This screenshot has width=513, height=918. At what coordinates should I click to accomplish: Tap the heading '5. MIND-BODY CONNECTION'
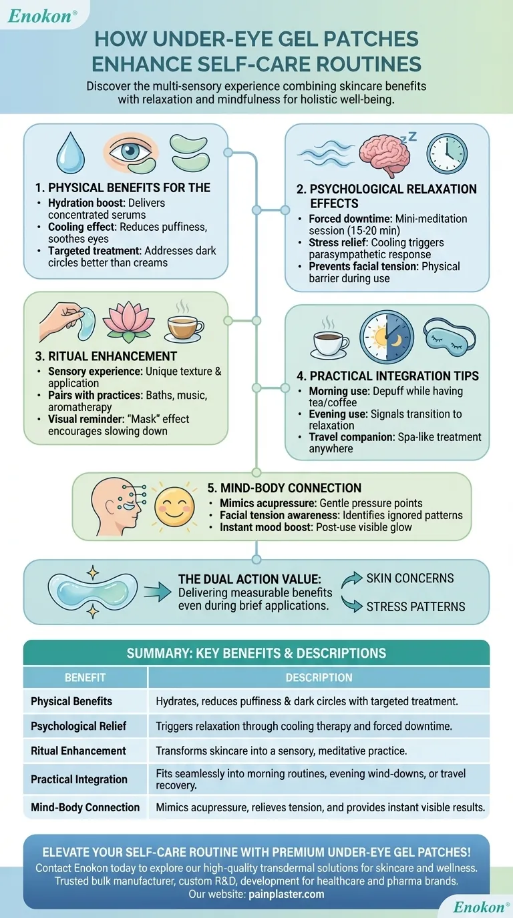pos(286,488)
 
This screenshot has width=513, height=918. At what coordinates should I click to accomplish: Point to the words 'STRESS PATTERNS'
pos(415,606)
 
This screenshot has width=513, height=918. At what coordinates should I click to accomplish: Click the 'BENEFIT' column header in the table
pos(85,677)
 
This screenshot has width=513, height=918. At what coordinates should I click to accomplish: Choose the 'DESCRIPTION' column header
pos(319,677)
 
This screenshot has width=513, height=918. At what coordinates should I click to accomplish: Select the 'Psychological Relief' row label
pos(78,726)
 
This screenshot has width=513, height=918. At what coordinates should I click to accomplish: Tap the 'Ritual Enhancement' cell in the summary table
pos(78,751)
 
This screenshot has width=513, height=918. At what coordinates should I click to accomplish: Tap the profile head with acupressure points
pos(114,505)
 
